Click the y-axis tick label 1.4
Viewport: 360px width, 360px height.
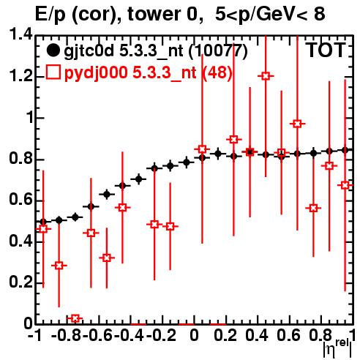point(20,34)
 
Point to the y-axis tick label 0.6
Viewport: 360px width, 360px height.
point(20,200)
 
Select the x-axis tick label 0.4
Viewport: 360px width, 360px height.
point(257,335)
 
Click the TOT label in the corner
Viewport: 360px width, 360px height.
point(326,50)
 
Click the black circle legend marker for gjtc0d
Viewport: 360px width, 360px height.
point(53,50)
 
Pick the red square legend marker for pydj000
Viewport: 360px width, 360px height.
point(53,72)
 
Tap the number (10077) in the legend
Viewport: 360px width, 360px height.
point(218,51)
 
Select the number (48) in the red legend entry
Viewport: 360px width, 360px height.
point(217,73)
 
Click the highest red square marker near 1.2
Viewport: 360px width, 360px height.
point(266,76)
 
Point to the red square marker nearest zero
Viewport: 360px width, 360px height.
point(75,318)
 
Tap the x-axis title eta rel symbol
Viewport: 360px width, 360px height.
point(338,349)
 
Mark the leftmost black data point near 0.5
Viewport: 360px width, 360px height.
point(43,222)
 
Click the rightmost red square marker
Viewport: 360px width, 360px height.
point(345,185)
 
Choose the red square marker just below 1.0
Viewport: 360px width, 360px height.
point(297,124)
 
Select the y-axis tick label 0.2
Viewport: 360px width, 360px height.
point(20,282)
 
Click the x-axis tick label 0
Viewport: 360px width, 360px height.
point(194,335)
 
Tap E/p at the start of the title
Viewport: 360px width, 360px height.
point(50,15)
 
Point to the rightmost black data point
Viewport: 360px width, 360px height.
point(345,150)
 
